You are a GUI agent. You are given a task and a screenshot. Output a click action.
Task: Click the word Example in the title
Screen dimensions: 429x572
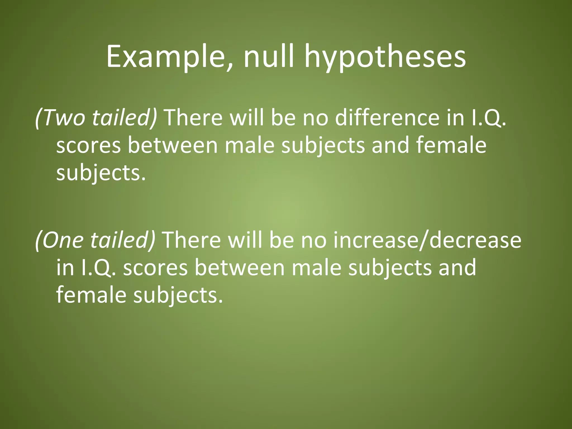[166, 57]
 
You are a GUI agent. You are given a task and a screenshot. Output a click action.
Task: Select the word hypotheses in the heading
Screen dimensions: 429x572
[385, 59]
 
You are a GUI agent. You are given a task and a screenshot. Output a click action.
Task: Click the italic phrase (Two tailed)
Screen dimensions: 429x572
[96, 118]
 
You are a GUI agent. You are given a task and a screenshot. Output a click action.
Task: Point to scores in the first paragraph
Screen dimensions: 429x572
[88, 146]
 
